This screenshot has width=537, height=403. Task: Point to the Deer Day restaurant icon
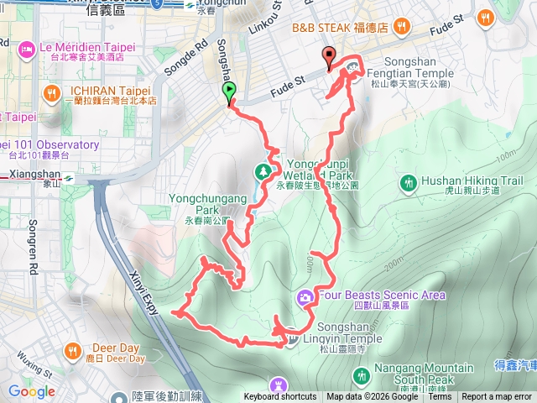[x=72, y=350]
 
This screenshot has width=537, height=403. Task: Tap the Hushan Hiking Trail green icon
[x=408, y=181]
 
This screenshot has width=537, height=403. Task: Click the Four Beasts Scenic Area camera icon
[x=305, y=296]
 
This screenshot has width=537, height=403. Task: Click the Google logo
[x=32, y=391]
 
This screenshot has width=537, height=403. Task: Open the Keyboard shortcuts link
[x=280, y=397]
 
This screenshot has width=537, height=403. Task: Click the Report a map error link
[x=498, y=397]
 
